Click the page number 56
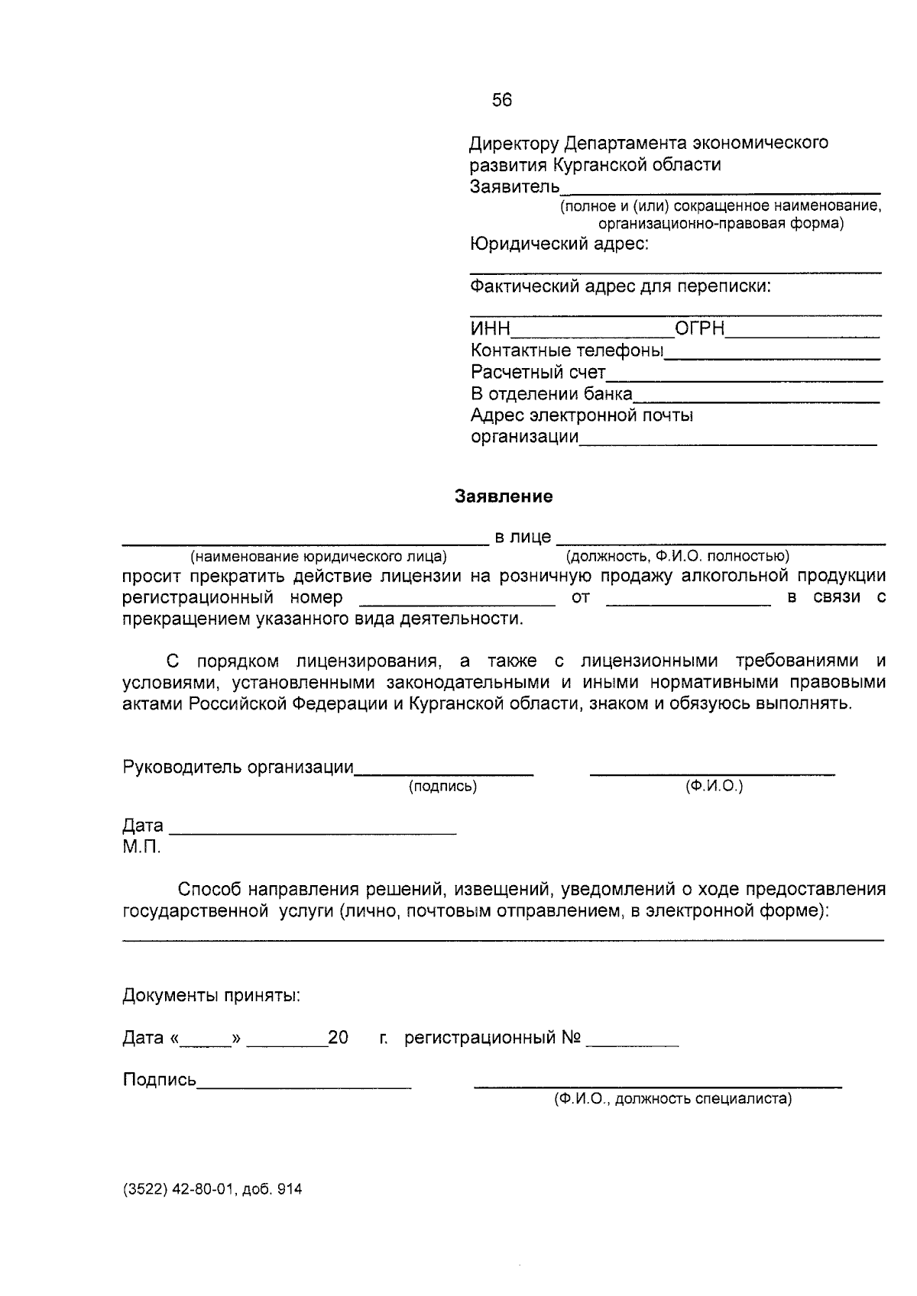click(502, 100)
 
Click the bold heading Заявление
click(504, 496)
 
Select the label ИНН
click(490, 329)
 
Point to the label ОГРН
click(699, 329)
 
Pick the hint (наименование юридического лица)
click(319, 556)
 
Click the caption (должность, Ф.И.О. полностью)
click(678, 556)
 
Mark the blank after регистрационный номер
click(456, 603)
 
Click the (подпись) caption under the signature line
click(443, 787)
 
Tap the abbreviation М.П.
click(141, 848)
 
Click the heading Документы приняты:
click(211, 996)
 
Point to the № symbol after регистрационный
click(572, 1038)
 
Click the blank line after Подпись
click(304, 1085)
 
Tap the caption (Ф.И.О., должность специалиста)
click(673, 1099)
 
